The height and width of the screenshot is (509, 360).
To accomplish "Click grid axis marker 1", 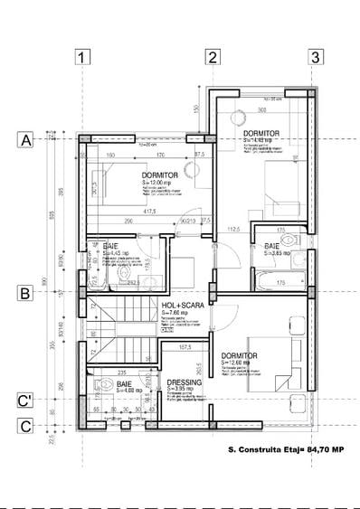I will coord(84,58).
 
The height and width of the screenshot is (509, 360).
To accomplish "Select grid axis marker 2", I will coord(213,58).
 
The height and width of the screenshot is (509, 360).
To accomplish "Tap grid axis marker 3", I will coord(315,58).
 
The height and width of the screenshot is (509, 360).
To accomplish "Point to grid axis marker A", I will coord(26,141).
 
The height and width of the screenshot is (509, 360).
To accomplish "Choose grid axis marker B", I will coord(26,293).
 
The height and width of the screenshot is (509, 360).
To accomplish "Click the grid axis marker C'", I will coord(26,401).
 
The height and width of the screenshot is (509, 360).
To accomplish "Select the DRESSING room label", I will coord(185,382).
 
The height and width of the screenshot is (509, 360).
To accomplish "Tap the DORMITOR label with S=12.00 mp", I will coord(160,174).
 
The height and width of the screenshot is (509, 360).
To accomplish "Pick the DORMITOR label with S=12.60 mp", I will coord(240,355).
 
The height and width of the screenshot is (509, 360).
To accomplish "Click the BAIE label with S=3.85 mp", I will coord(272,246).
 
